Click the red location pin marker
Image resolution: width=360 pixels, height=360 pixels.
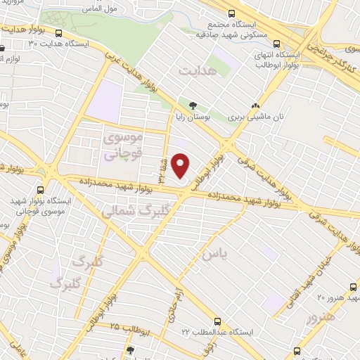181,166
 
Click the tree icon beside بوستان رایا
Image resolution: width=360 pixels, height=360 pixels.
193,105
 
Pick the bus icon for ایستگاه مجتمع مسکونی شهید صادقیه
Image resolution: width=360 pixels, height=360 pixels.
232,13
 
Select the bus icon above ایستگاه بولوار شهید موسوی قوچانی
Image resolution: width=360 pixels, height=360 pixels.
40,190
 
